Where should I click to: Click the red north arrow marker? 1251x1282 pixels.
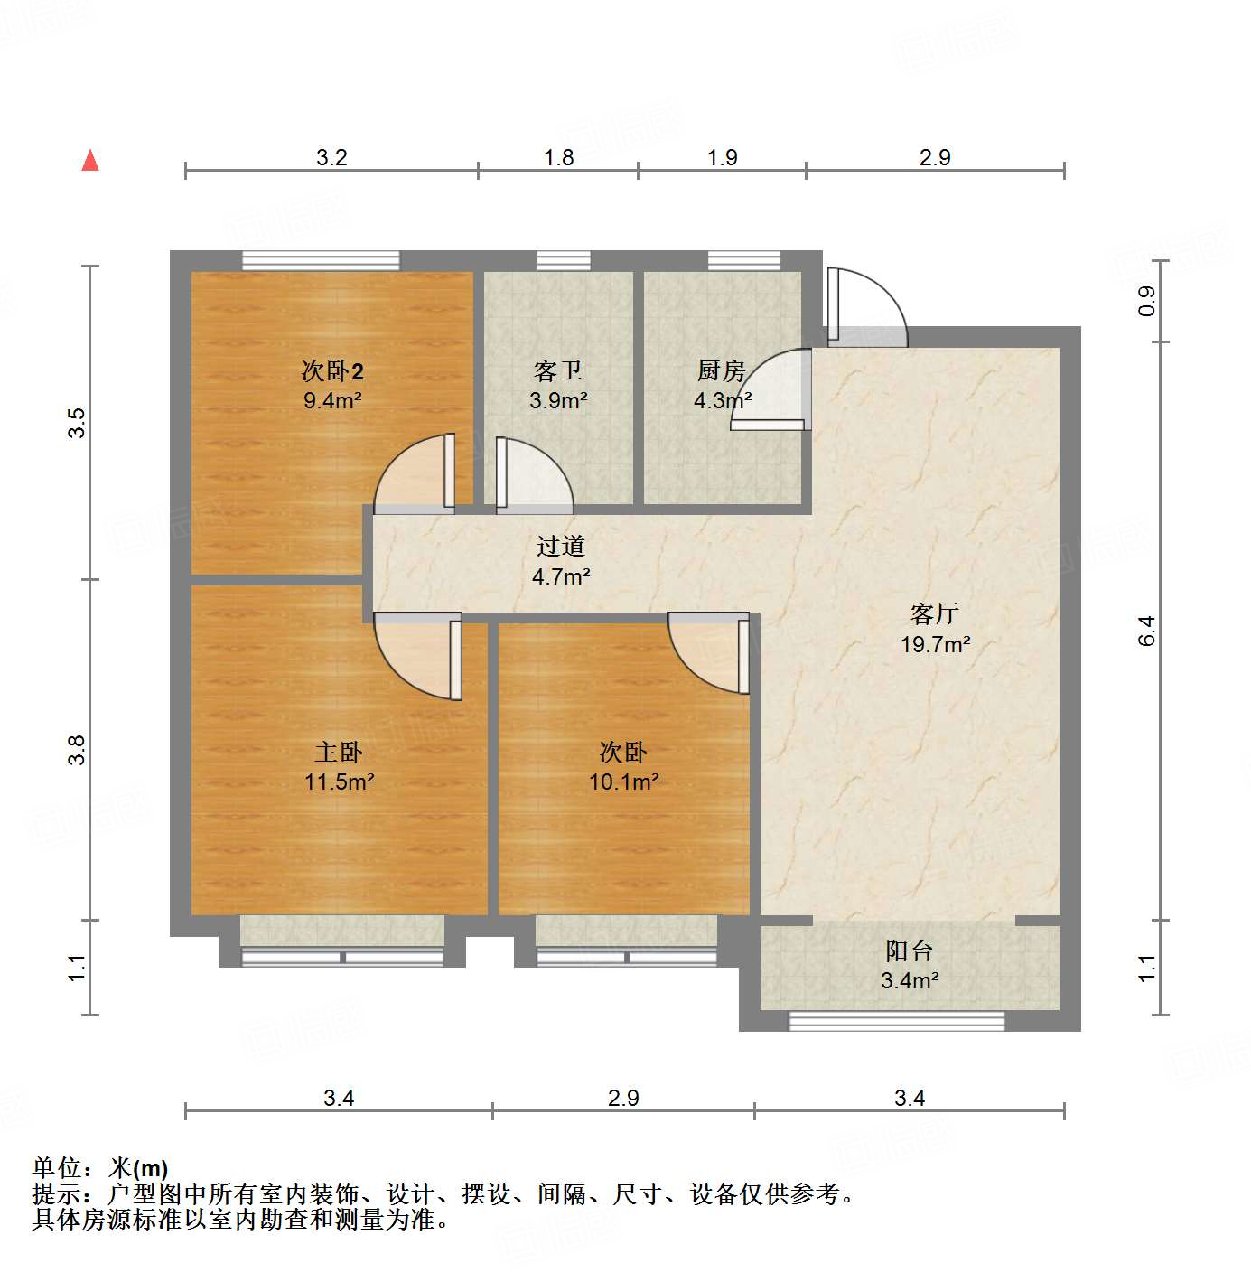90,160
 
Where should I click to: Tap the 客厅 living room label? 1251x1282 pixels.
935,614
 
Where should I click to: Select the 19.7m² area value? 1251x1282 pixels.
935,644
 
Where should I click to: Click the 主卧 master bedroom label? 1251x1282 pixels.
339,752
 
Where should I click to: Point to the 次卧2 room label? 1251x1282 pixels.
332,370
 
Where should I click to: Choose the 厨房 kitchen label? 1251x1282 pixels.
721,370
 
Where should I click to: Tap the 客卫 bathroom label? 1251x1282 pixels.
558,370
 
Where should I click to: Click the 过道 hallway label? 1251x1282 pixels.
561,546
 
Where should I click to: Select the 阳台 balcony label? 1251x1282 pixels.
909,950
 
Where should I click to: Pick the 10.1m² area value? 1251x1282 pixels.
623,781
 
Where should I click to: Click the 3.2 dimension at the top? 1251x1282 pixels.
331,157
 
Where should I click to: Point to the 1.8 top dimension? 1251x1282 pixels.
558,157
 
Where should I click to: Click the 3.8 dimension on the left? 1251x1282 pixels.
78,750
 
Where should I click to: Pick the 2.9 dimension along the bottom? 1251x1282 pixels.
623,1098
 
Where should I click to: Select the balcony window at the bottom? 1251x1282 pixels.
896,1021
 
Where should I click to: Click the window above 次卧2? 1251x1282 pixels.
321,260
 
